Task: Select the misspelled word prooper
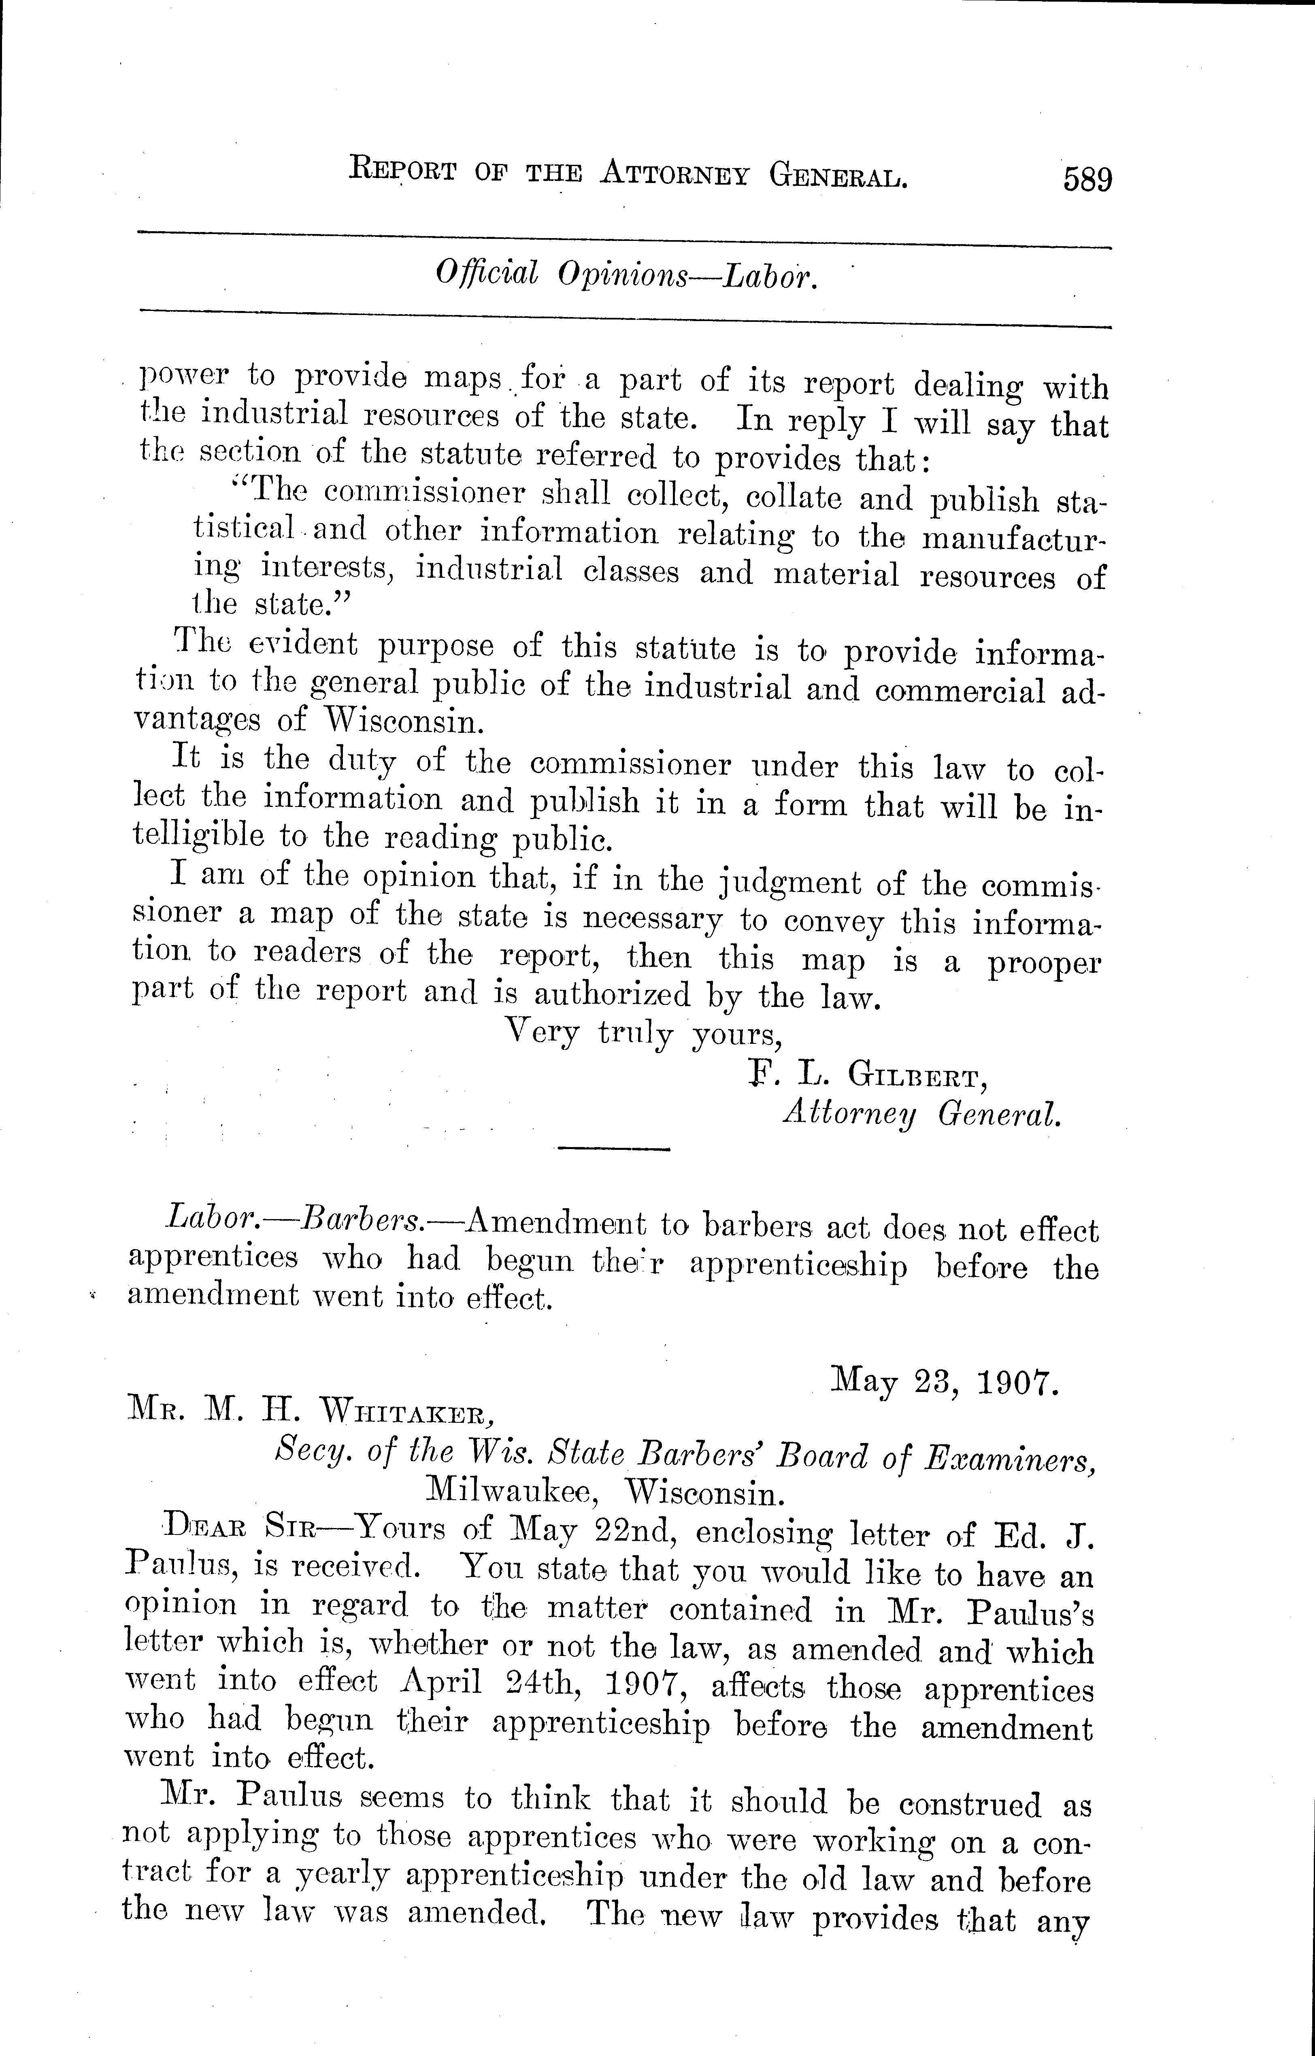point(1043,963)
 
